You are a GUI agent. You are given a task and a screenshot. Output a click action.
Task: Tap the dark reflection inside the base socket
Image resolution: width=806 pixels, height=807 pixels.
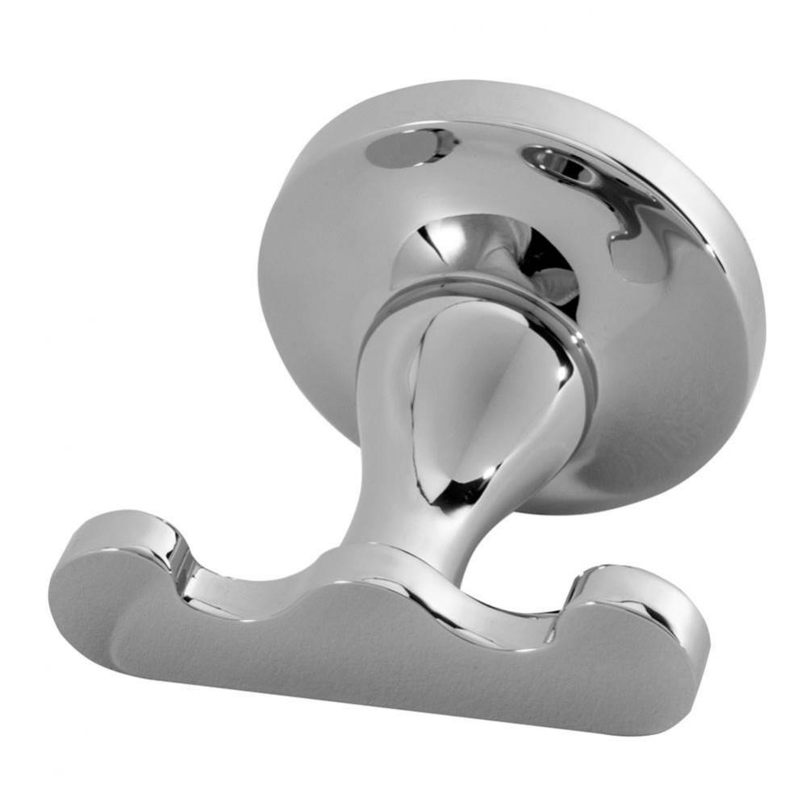click(x=557, y=274)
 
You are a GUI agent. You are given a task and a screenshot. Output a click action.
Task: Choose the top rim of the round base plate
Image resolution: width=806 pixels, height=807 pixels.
click(x=516, y=93)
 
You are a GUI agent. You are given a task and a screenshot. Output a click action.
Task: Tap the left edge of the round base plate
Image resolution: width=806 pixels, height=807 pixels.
click(x=266, y=266)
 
